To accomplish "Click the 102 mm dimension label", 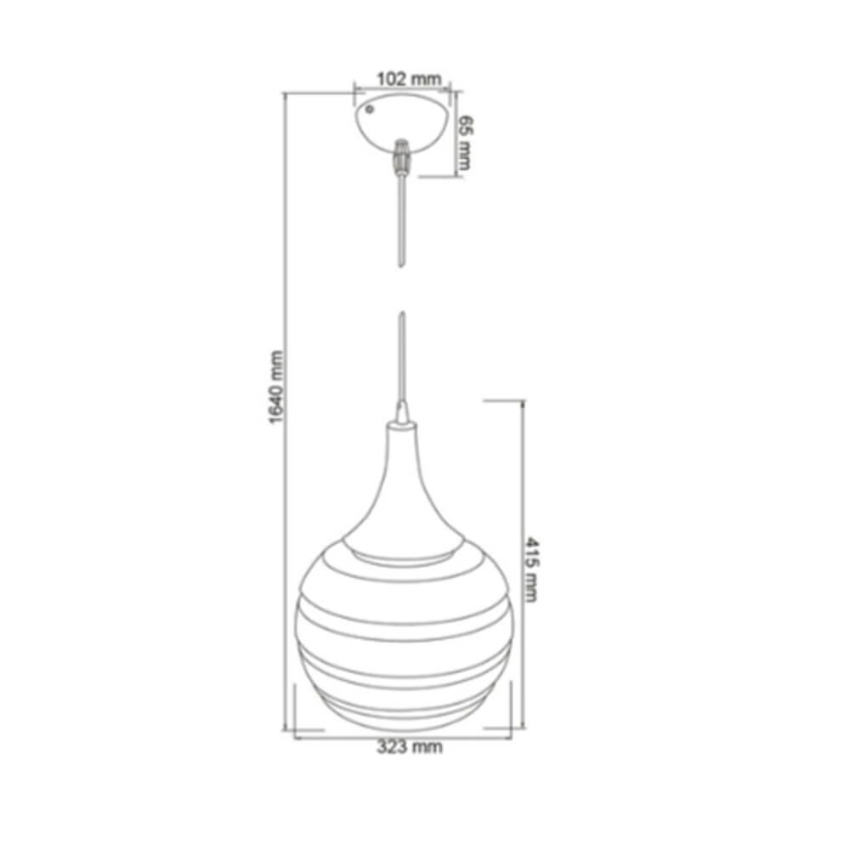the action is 409,79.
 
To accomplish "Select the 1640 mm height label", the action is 276,387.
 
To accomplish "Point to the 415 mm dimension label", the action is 532,569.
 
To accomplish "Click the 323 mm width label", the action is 410,747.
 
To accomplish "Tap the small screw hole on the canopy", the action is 371,110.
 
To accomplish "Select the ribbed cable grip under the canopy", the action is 402,156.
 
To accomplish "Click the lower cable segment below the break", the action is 402,358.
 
